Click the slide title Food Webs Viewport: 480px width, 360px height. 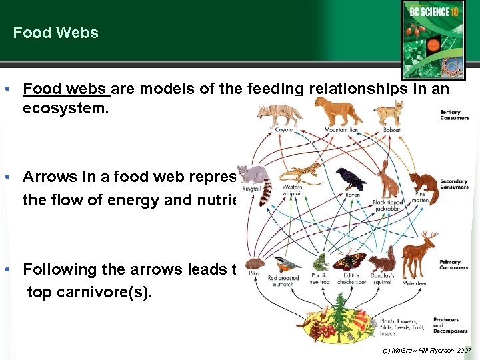(55, 33)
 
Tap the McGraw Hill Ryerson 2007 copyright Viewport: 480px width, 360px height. (427, 350)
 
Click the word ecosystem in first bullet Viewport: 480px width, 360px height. (65, 107)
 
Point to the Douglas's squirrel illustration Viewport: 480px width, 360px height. (382, 261)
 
